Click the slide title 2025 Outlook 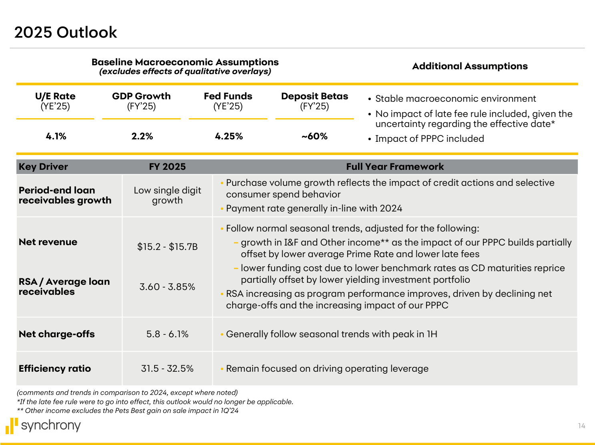pyautogui.click(x=66, y=32)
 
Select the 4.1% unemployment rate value pyautogui.click(x=56, y=136)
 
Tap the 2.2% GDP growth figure pyautogui.click(x=142, y=136)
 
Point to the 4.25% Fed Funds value pyautogui.click(x=229, y=136)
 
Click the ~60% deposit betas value pyautogui.click(x=315, y=136)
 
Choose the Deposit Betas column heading pyautogui.click(x=315, y=97)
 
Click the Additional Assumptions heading pyautogui.click(x=470, y=66)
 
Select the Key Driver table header pyautogui.click(x=43, y=167)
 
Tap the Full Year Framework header pyautogui.click(x=395, y=167)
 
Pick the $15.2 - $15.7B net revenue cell pyautogui.click(x=167, y=247)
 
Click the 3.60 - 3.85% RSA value pyautogui.click(x=167, y=287)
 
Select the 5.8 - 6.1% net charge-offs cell pyautogui.click(x=167, y=334)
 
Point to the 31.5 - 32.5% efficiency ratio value pyautogui.click(x=167, y=368)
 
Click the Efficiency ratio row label pyautogui.click(x=55, y=368)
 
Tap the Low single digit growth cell pyautogui.click(x=167, y=195)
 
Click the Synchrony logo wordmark pyautogui.click(x=51, y=425)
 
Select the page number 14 pyautogui.click(x=581, y=426)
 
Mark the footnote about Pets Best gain pyautogui.click(x=128, y=411)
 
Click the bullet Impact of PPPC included pyautogui.click(x=429, y=139)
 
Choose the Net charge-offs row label pyautogui.click(x=57, y=334)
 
